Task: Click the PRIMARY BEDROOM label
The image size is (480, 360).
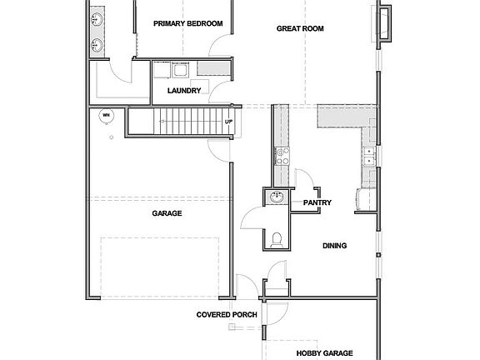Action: (x=187, y=24)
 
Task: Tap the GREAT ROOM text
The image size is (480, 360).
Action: (x=299, y=29)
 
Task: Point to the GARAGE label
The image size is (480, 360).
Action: (x=167, y=213)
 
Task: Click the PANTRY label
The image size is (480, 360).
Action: (x=317, y=202)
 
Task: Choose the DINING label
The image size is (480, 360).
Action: (x=334, y=245)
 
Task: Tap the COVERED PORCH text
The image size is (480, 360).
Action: (x=226, y=315)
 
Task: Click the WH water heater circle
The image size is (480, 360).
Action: (x=105, y=115)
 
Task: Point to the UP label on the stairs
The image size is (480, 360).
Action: (x=228, y=122)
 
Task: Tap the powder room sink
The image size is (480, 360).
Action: (x=277, y=197)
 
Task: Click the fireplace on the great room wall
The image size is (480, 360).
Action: (x=386, y=22)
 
